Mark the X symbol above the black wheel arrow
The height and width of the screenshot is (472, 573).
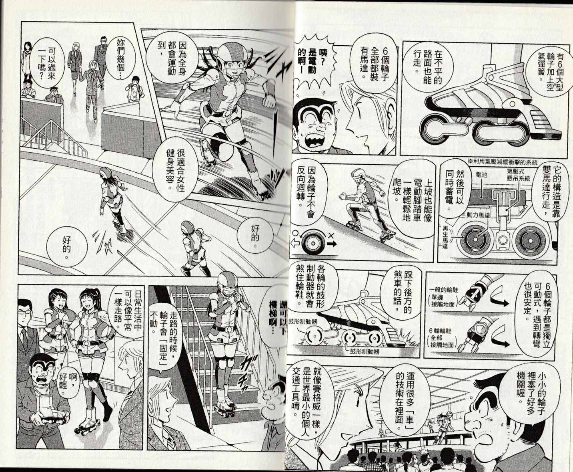(x=331, y=236)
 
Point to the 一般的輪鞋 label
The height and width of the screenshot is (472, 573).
(x=444, y=297)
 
